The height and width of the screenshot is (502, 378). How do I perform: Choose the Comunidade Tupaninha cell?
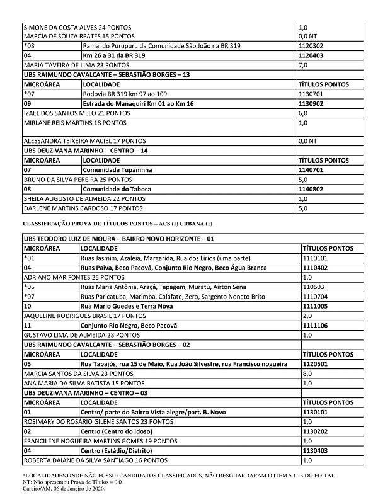tap(117, 170)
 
